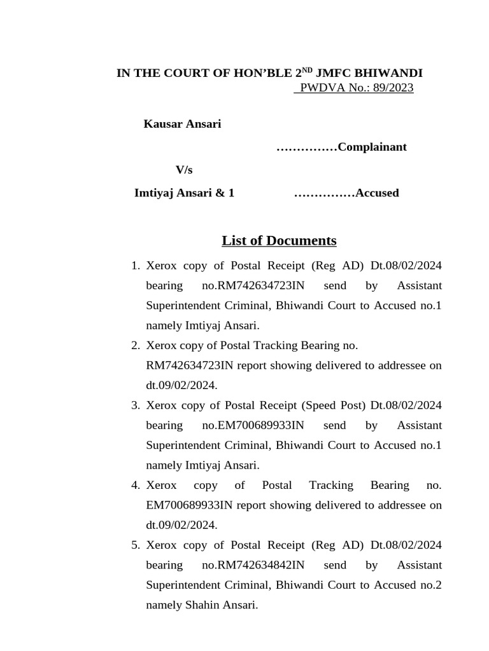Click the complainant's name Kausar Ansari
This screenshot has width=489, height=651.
pos(182,124)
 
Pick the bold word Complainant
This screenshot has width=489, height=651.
pos(372,147)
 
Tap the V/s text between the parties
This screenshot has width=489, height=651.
pos(184,170)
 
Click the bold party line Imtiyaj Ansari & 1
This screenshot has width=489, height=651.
pos(184,193)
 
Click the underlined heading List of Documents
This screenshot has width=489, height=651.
pos(279,241)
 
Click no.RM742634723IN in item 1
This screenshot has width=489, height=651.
pos(253,286)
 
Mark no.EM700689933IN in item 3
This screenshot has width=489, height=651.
pos(253,426)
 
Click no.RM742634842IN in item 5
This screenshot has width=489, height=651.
pos(253,566)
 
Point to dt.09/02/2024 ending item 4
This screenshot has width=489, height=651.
pos(181,526)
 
